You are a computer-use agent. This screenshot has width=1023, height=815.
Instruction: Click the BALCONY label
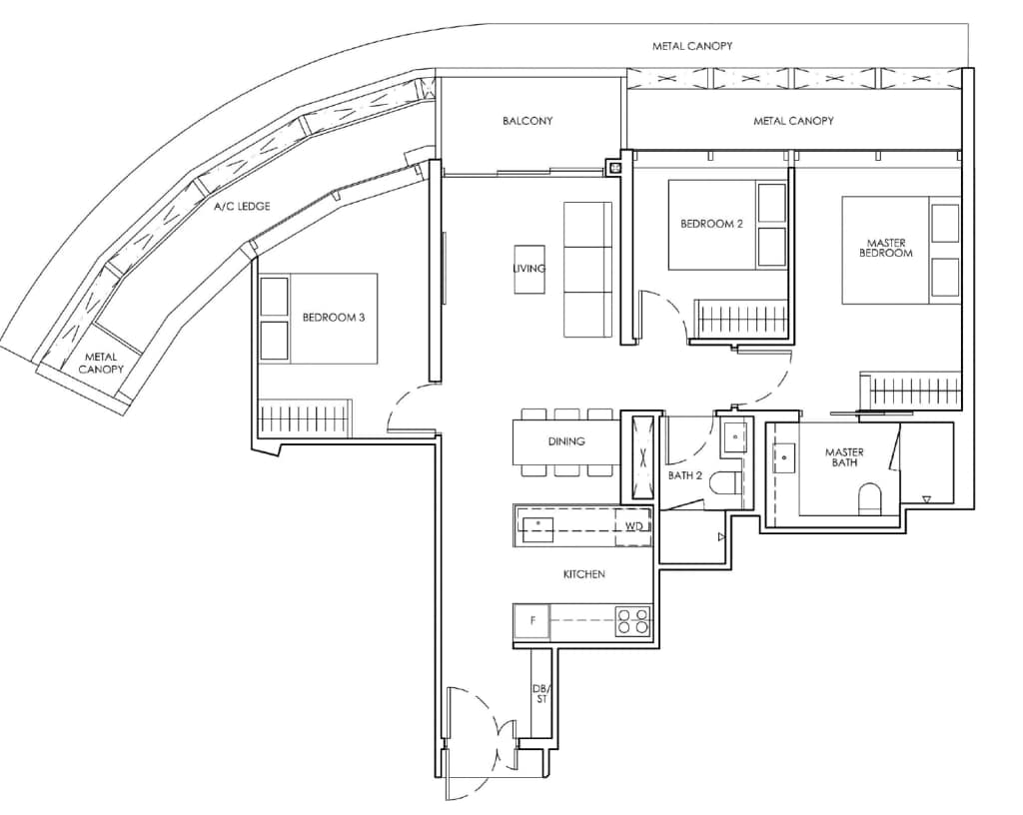(527, 121)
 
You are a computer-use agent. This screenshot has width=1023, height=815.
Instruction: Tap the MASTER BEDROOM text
(889, 248)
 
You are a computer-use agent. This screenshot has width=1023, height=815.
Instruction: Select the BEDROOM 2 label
(711, 224)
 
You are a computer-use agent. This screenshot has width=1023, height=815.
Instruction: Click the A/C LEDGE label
(242, 207)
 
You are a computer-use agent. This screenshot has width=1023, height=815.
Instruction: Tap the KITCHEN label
(583, 574)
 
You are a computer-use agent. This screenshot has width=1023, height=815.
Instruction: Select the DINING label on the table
(565, 441)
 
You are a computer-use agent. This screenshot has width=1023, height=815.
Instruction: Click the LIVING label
(529, 269)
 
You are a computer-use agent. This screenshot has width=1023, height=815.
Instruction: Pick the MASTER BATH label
(844, 457)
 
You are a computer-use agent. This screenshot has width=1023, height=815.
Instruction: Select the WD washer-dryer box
(633, 525)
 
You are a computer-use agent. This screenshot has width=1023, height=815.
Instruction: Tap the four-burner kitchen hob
(632, 622)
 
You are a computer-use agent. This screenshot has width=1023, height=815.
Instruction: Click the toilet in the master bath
(871, 498)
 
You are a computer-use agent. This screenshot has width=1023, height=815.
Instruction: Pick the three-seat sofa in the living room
(587, 270)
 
